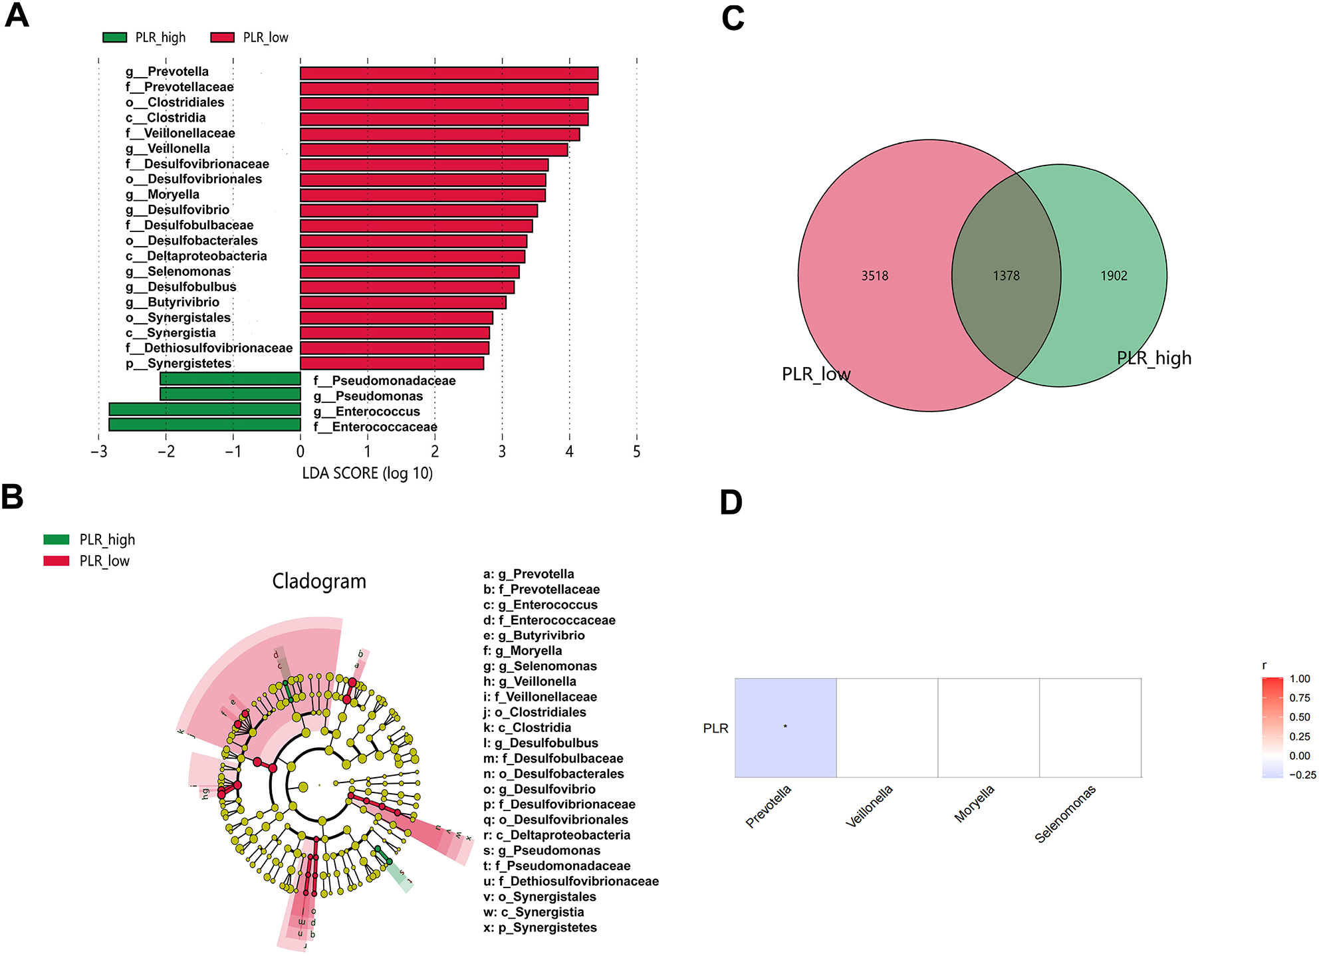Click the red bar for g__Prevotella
click(449, 73)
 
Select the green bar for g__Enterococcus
click(205, 410)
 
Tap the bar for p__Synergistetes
click(392, 363)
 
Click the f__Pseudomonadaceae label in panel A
click(384, 381)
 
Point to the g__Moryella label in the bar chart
click(163, 194)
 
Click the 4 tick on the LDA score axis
click(569, 452)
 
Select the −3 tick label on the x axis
click(98, 452)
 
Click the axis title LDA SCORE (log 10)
click(367, 473)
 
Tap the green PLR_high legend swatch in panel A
click(114, 37)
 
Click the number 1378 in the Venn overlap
click(1006, 276)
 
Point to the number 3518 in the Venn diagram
click(874, 276)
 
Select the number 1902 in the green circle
click(1114, 276)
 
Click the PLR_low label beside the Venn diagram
click(816, 374)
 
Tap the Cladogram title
click(319, 581)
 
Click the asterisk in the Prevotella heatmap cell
click(785, 727)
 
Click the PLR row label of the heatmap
click(715, 728)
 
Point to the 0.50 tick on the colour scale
click(1300, 717)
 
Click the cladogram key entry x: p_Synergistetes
click(540, 927)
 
